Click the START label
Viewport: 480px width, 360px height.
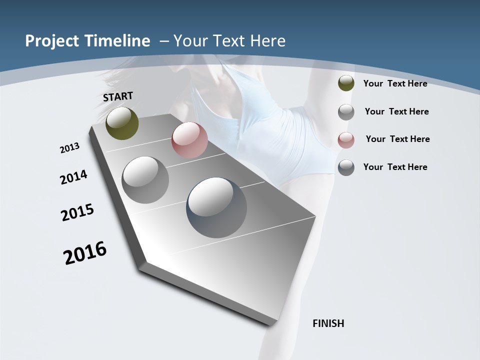(118, 96)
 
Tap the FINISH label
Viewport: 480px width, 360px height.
(328, 323)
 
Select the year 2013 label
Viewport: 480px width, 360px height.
(70, 148)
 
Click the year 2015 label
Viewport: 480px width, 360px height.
(77, 212)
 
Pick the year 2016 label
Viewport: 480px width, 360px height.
(85, 253)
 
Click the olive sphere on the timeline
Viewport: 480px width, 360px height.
(122, 123)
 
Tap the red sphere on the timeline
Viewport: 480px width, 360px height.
(189, 140)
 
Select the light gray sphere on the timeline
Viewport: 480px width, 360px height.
(145, 179)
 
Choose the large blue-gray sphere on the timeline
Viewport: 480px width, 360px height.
(216, 207)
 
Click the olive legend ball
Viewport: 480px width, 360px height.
(346, 83)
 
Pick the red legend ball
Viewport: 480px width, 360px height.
(346, 139)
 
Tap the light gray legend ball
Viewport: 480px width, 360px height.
(346, 112)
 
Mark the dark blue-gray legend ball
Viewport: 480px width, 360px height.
(346, 167)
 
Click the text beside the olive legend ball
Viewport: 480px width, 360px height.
(395, 83)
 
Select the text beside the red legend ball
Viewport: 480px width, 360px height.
(397, 139)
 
